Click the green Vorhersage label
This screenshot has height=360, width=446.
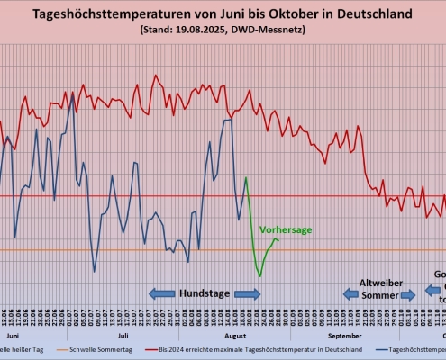pyautogui.click(x=286, y=230)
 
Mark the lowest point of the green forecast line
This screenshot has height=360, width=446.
pyautogui.click(x=259, y=275)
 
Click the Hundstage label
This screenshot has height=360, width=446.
pyautogui.click(x=205, y=293)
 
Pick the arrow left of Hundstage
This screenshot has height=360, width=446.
pyautogui.click(x=162, y=293)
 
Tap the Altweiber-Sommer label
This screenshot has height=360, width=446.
pyautogui.click(x=384, y=288)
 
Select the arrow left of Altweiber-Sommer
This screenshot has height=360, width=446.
pyautogui.click(x=352, y=293)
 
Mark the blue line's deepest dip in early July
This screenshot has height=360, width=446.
pyautogui.click(x=95, y=271)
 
